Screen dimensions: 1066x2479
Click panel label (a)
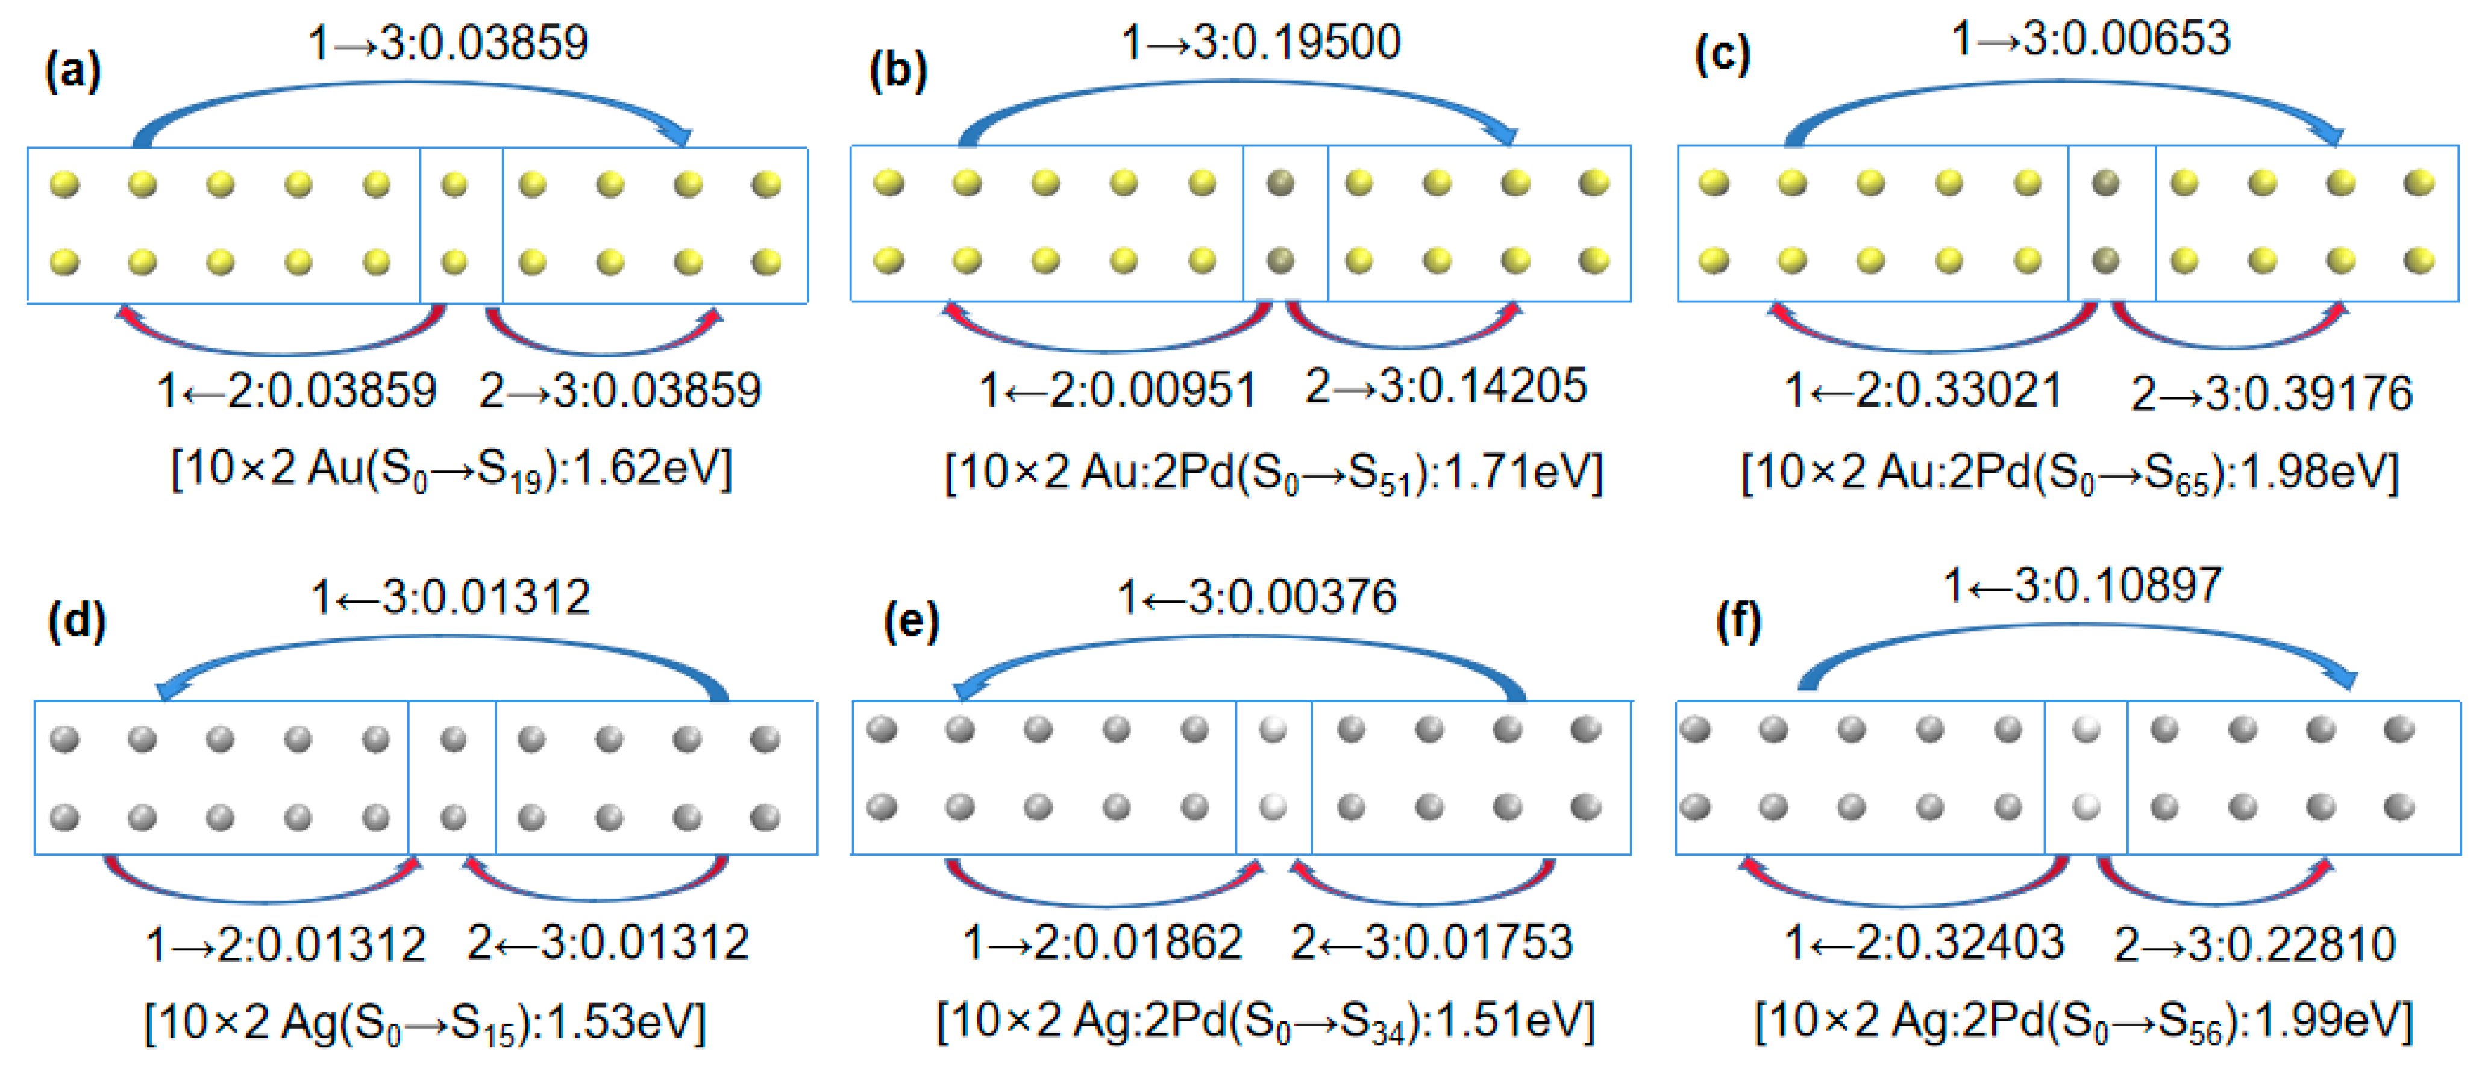coord(72,72)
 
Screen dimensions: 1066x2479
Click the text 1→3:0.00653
coord(2090,39)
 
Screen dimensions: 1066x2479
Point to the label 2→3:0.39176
coord(2271,393)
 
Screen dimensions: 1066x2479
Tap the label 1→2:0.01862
coord(1102,943)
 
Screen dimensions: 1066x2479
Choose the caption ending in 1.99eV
coord(2084,1022)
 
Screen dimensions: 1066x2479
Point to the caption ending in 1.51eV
coord(1265,1022)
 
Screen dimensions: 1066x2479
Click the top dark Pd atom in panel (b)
coord(1280,183)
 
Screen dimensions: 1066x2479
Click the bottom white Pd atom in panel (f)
coord(2086,806)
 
